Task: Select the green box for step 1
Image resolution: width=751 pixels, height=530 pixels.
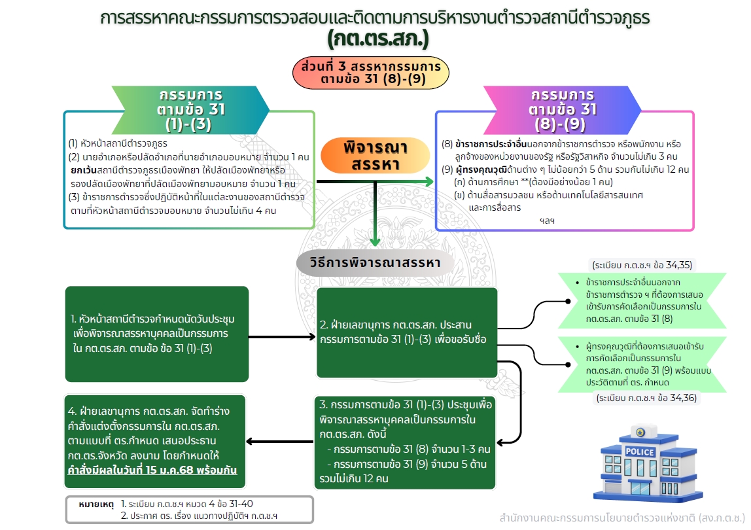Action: point(157,334)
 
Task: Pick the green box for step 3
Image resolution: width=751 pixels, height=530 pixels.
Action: point(404,442)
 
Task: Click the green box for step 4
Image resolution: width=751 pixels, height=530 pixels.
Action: point(155,442)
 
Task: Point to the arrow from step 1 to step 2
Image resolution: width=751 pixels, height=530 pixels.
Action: point(282,338)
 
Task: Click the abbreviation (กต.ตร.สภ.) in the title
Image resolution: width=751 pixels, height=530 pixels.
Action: point(378,40)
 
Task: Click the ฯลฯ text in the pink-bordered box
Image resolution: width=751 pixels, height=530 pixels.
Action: point(546,221)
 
